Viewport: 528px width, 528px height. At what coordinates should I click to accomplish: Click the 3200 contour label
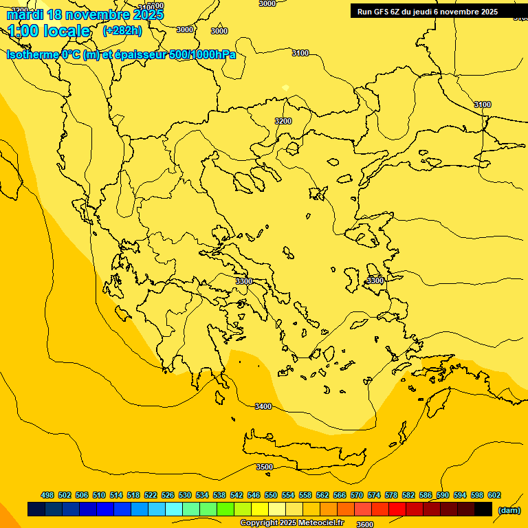click(x=283, y=121)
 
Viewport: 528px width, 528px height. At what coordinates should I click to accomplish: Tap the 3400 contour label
click(x=263, y=406)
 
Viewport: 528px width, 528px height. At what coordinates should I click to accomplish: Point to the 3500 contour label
click(x=265, y=467)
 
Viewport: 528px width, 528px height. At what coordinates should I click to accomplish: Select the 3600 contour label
click(x=365, y=525)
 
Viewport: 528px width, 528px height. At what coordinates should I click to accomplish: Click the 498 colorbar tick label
click(x=47, y=495)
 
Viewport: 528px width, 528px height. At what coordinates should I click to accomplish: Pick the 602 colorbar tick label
click(x=494, y=495)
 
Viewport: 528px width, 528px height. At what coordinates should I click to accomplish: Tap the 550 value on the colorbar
click(x=271, y=495)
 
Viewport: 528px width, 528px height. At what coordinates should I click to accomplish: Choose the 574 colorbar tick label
click(x=373, y=495)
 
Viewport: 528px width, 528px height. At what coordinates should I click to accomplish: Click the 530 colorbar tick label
click(x=185, y=495)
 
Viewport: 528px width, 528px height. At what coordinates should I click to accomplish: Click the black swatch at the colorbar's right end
click(x=483, y=509)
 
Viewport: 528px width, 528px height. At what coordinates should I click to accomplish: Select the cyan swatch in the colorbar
click(x=174, y=509)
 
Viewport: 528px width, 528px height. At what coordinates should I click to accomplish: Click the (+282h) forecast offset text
click(x=122, y=30)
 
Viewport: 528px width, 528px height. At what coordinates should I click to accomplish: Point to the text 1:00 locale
click(x=49, y=31)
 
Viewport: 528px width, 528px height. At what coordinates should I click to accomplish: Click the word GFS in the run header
click(x=381, y=11)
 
